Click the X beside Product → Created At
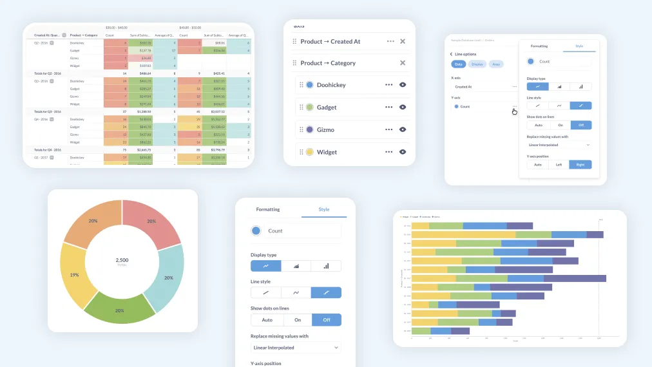(x=403, y=41)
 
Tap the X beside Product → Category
(x=403, y=63)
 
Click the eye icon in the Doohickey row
(x=403, y=84)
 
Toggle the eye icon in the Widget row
(x=403, y=152)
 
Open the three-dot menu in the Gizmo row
(x=388, y=129)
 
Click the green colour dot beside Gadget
(x=309, y=108)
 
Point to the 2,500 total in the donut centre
(x=122, y=260)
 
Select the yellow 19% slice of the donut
(x=75, y=274)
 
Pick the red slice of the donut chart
(x=150, y=222)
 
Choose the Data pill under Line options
(x=459, y=64)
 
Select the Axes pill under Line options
(x=495, y=64)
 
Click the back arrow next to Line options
(x=451, y=54)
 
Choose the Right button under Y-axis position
(x=580, y=164)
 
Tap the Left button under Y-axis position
(x=559, y=164)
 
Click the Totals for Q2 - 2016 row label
(x=47, y=73)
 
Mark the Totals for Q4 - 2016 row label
(x=47, y=149)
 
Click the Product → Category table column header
(x=84, y=35)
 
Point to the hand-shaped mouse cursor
(x=515, y=111)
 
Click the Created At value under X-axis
(x=463, y=86)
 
